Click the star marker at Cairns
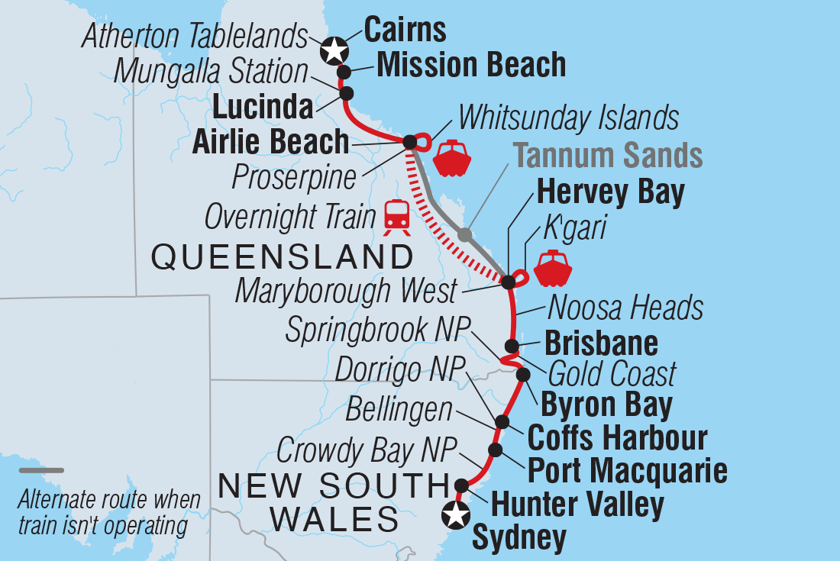334,50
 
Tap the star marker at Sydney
457,516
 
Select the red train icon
396,218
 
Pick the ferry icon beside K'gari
553,268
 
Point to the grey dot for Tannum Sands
464,235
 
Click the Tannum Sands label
608,156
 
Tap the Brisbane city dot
512,346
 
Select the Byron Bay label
606,405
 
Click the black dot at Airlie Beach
409,142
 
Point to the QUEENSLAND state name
282,258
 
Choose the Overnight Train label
290,218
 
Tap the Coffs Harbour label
618,438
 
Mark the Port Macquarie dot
496,450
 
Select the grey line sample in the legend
41,471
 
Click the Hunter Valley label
577,505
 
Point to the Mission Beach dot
344,73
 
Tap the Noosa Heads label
625,308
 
